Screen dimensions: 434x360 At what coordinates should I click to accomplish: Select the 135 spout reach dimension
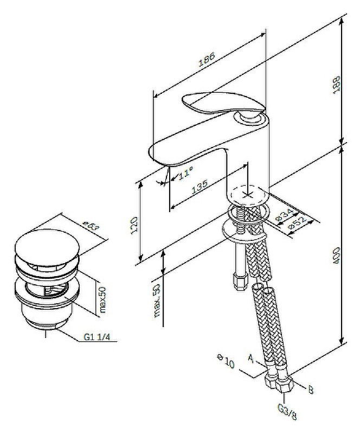200,186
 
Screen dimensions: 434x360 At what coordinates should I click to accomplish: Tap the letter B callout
311,389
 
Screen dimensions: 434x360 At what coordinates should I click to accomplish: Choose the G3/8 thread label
287,412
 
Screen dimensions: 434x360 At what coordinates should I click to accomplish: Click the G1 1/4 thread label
97,337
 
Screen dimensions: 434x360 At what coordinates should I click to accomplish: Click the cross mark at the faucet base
248,194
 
